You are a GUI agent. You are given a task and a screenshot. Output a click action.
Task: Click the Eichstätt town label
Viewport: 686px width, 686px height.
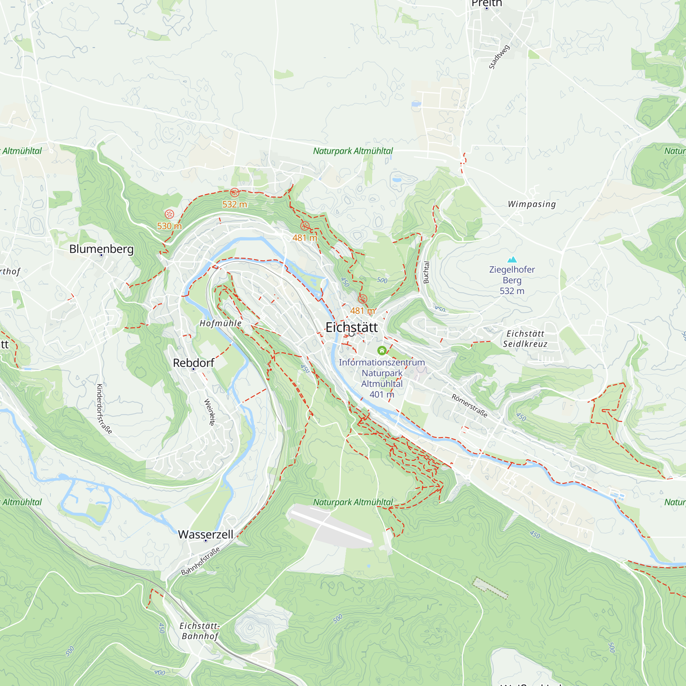click(351, 327)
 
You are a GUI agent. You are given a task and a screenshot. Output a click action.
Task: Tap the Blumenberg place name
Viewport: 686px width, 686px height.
click(101, 249)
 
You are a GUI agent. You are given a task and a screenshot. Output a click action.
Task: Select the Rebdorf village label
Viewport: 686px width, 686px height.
click(193, 363)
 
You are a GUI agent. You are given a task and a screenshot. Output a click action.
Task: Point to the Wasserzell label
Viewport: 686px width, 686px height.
click(205, 534)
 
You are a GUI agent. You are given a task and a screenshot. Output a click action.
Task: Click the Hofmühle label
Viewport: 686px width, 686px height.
click(221, 323)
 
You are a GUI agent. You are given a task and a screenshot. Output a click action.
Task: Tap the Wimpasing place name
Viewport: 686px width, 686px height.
click(532, 204)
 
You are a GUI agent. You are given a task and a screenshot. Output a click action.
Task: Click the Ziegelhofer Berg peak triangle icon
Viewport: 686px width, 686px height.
click(512, 260)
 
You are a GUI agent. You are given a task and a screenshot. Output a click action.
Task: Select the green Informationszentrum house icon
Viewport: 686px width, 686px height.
click(382, 351)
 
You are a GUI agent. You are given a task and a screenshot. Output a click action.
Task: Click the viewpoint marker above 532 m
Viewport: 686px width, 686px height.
click(234, 192)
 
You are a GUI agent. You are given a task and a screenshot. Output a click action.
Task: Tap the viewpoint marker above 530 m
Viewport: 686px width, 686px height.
click(169, 214)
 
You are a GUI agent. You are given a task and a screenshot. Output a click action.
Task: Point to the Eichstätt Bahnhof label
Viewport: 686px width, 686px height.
click(200, 631)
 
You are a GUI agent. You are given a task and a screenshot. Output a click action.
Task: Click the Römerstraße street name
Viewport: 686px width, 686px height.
click(470, 406)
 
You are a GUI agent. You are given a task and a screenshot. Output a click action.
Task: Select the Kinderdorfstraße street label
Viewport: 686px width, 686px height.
click(104, 409)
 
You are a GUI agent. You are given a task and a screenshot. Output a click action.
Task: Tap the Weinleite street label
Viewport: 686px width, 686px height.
click(210, 412)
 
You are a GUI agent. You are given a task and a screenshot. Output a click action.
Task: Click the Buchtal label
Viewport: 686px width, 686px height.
click(426, 272)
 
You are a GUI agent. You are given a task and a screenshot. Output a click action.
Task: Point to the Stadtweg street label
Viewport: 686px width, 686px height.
click(499, 57)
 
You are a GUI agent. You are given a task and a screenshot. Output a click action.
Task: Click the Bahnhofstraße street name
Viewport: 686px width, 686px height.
click(200, 561)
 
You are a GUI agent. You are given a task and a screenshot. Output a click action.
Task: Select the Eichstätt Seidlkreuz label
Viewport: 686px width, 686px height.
click(525, 339)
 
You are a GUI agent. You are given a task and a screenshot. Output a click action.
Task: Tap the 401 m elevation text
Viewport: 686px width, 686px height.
click(382, 394)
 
